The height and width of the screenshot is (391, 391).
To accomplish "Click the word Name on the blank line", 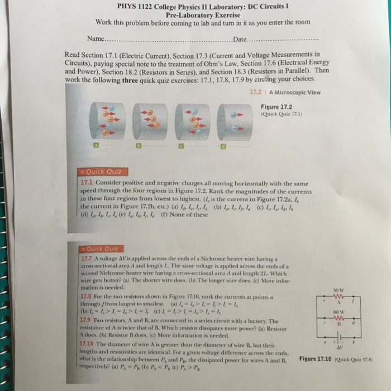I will pos(96,39).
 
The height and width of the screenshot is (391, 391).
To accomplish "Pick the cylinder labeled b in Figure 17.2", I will pos(147,121).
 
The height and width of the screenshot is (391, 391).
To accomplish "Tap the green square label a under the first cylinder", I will pos(96,146).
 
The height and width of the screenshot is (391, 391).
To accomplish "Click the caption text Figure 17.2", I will pos(276,107).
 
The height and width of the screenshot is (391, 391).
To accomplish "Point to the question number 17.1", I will pos(87,182).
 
